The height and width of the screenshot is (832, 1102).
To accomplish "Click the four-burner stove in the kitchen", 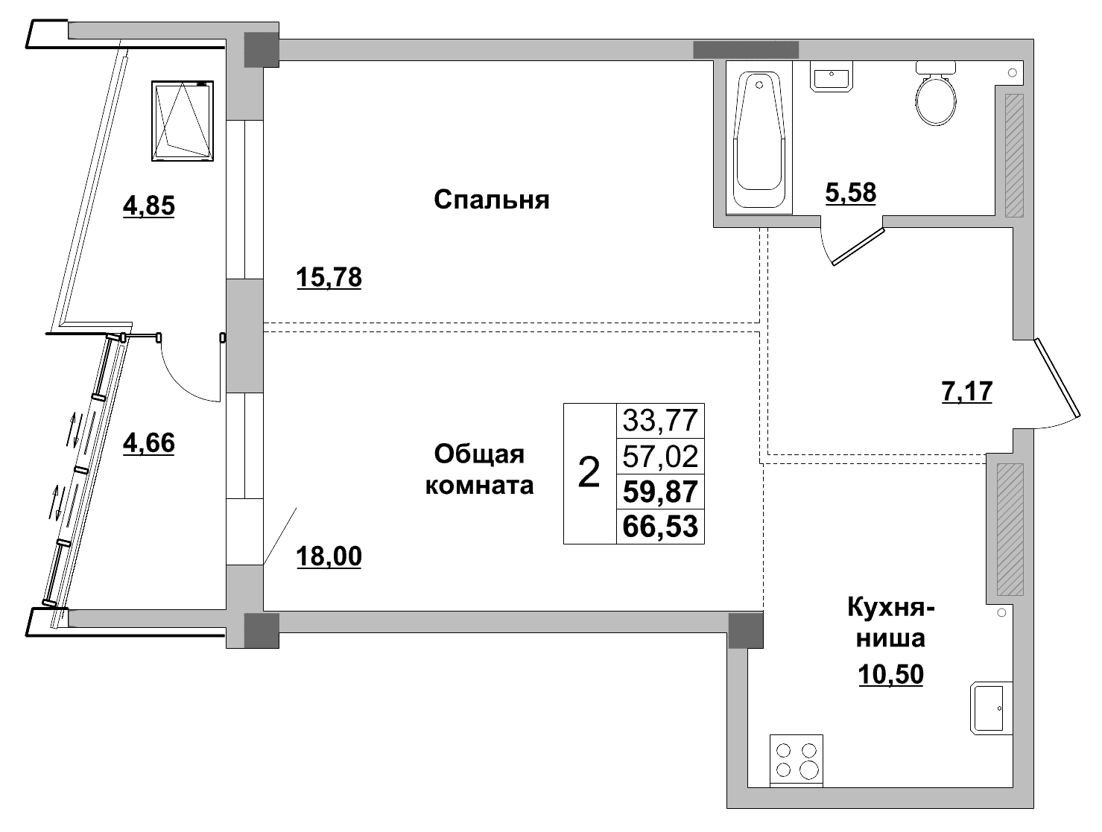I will (x=797, y=760).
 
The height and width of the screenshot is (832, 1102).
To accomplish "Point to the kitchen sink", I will (x=991, y=707).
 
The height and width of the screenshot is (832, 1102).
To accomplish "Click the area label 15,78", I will (x=329, y=278).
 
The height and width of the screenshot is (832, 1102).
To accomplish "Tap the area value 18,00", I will (x=329, y=556).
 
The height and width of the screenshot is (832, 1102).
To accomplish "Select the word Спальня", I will (x=491, y=200).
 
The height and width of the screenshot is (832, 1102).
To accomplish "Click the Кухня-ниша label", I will (x=890, y=623).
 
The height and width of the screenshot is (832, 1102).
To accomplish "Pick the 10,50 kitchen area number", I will (x=890, y=674).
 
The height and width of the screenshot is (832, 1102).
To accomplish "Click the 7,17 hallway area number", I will (x=967, y=391).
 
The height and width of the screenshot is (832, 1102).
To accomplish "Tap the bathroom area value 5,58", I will (x=850, y=193).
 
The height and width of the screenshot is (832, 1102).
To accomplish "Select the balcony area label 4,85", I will (x=148, y=205).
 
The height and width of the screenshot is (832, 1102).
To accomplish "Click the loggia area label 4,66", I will (x=148, y=443).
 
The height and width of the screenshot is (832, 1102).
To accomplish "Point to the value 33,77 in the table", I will (x=660, y=421).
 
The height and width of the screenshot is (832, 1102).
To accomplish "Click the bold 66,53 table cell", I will (x=660, y=527).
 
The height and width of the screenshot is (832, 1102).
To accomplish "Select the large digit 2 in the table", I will (x=589, y=473).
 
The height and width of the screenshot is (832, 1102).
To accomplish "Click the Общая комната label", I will (x=479, y=469).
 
